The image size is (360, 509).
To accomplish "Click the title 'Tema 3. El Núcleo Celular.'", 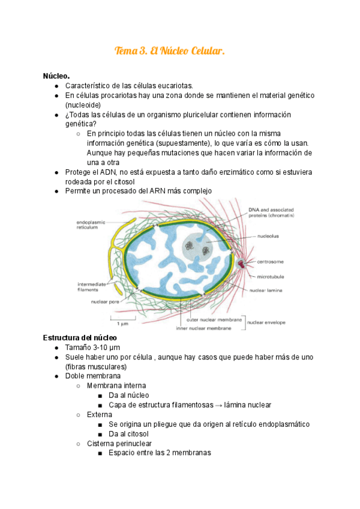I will pos(170,52).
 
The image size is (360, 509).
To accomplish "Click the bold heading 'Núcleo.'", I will pos(56,76).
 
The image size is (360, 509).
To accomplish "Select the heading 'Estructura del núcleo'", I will pos(80,339).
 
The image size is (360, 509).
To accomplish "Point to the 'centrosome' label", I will pos(271,262).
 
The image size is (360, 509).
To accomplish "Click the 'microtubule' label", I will pos(271,277).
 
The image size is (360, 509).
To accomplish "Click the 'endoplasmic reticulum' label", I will pos(91,225).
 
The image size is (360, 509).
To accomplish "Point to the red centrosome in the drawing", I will pos(242,264).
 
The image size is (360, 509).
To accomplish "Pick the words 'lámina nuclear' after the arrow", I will pos(248,405).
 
